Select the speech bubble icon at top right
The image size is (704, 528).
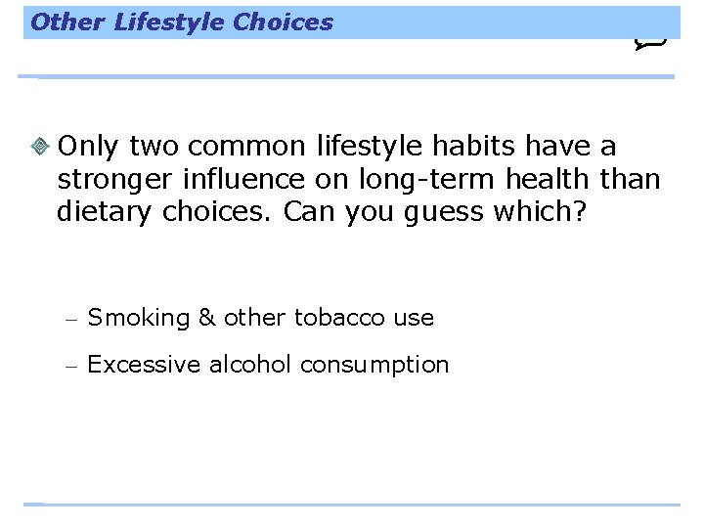coord(651,41)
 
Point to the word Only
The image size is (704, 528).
coord(89,147)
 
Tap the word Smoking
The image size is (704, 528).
coord(138,318)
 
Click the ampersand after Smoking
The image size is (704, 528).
coord(206,318)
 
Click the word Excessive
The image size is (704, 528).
coord(143,365)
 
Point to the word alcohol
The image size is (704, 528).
coord(257,365)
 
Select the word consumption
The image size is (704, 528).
coord(374,366)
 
